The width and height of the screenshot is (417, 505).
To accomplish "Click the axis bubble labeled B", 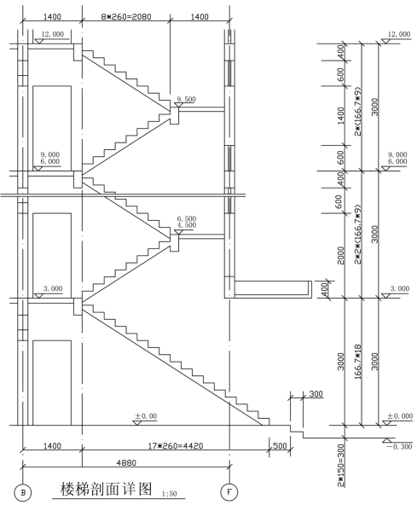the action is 22,492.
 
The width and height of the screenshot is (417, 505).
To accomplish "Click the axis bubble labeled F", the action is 229,492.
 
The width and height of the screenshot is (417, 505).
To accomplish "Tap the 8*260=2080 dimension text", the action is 126,16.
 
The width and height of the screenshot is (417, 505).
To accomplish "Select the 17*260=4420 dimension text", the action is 176,446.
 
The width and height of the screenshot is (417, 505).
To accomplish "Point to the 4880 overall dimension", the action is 126,462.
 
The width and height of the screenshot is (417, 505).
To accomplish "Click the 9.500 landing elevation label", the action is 187,99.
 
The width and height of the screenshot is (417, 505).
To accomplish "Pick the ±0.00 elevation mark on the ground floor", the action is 146,415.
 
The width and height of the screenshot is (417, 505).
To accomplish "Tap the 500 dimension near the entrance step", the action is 280,446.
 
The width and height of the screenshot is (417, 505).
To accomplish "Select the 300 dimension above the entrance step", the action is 316,394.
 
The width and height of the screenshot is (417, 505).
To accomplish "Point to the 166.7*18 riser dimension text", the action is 358,362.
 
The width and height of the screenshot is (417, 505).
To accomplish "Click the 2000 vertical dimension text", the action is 340,256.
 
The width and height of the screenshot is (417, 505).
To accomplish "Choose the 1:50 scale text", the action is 170,494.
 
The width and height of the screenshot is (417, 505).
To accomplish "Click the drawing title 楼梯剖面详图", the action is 106,489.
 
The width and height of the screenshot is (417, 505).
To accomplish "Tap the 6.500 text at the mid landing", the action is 187,218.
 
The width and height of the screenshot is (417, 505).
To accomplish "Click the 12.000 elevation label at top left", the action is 53,34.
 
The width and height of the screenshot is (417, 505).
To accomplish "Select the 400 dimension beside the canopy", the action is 325,290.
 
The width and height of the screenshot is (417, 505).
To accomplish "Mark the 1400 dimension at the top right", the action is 200,16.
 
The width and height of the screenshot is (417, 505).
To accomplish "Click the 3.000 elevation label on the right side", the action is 400,288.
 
